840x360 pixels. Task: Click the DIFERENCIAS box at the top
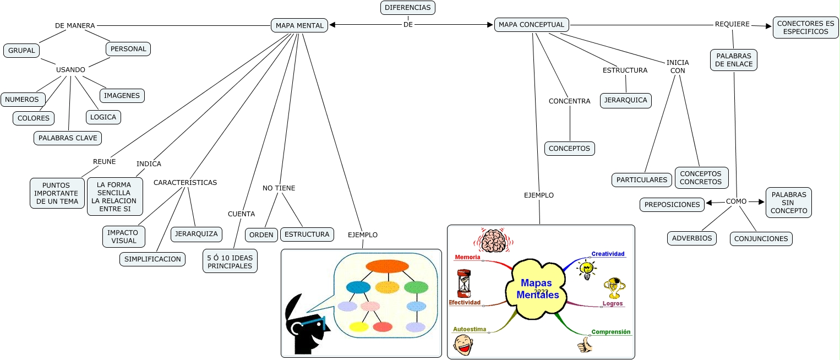click(408, 8)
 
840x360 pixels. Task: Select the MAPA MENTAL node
click(299, 25)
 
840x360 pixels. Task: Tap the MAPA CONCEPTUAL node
click(531, 25)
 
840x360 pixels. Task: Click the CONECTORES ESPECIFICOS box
click(805, 28)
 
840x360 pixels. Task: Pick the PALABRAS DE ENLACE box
click(734, 60)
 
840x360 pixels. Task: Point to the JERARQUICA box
click(626, 101)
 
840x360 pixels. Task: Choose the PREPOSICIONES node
click(672, 204)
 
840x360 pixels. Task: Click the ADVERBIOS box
click(692, 238)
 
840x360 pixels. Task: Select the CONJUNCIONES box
click(761, 239)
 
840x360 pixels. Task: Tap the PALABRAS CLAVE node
click(68, 138)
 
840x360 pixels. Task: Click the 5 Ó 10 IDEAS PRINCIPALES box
click(230, 261)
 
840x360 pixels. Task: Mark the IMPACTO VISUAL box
click(124, 237)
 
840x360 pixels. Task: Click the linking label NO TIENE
click(279, 188)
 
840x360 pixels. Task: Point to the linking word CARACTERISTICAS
click(185, 182)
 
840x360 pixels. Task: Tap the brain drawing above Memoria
click(493, 241)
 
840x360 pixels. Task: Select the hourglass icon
click(464, 283)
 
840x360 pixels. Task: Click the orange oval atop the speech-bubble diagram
click(387, 266)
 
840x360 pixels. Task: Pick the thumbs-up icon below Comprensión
click(585, 345)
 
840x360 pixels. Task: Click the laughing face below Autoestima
click(463, 345)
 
